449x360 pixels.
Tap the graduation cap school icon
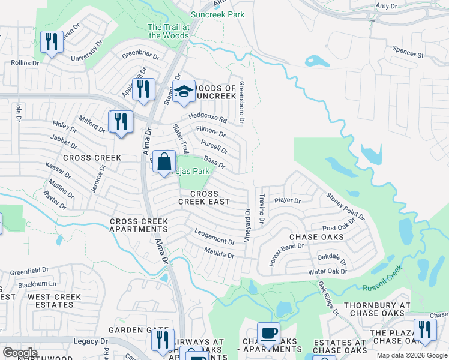[184, 91]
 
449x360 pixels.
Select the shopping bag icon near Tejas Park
[164, 162]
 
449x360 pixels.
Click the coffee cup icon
[268, 333]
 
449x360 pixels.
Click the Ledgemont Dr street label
[214, 237]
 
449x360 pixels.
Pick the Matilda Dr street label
[218, 253]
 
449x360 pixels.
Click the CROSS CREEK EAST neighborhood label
[204, 197]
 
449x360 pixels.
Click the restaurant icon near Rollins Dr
[52, 42]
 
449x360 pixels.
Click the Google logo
[20, 353]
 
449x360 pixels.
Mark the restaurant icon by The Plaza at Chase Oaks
[424, 330]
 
